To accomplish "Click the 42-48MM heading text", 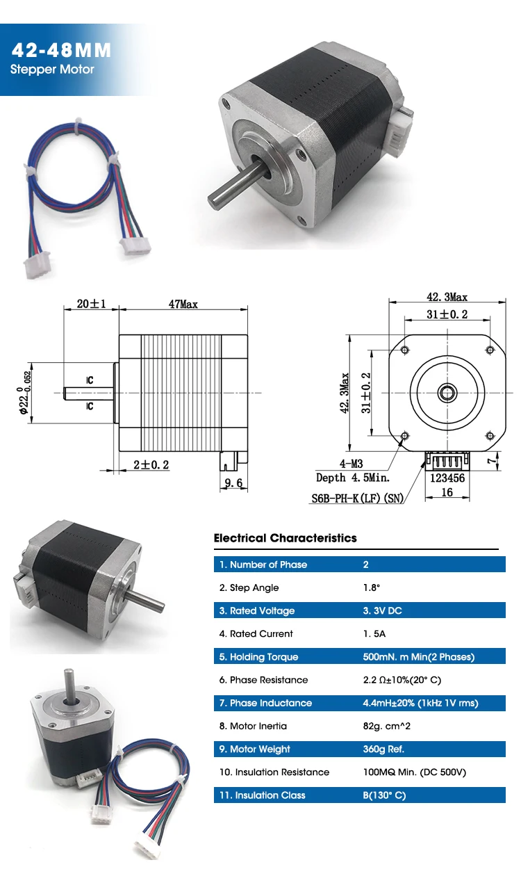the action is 61,50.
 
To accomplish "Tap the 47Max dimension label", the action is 183,305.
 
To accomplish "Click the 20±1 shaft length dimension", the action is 92,304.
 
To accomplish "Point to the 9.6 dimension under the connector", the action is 233,483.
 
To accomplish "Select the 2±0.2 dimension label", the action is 151,464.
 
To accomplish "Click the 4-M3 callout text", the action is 351,464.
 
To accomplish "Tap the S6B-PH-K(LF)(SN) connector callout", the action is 357,498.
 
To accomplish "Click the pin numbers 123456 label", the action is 447,478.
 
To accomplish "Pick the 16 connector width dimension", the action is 447,492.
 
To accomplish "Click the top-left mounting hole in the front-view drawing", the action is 405,350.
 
